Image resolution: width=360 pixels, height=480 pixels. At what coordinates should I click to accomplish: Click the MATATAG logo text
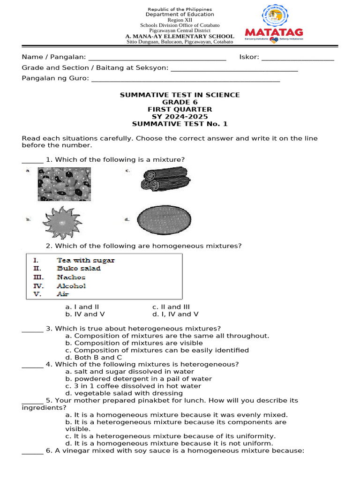point(274,32)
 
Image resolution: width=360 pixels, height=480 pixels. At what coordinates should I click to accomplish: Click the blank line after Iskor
point(297,57)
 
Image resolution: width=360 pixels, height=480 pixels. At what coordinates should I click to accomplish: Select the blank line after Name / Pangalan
point(157,57)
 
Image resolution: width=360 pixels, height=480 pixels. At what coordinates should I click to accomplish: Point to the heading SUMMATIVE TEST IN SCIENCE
point(180,95)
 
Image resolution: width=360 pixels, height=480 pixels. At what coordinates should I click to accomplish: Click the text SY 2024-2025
point(180,117)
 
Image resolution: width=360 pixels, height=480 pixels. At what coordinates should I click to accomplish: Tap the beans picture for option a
point(64,184)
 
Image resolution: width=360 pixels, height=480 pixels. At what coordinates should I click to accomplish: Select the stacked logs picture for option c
point(165,180)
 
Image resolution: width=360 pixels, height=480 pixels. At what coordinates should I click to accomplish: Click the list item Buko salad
point(79,269)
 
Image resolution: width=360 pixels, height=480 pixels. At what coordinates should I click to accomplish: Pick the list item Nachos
point(71,277)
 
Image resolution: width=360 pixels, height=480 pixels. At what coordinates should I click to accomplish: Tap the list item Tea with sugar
point(85,260)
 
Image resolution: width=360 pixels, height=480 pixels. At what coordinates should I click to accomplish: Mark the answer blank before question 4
point(32,365)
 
